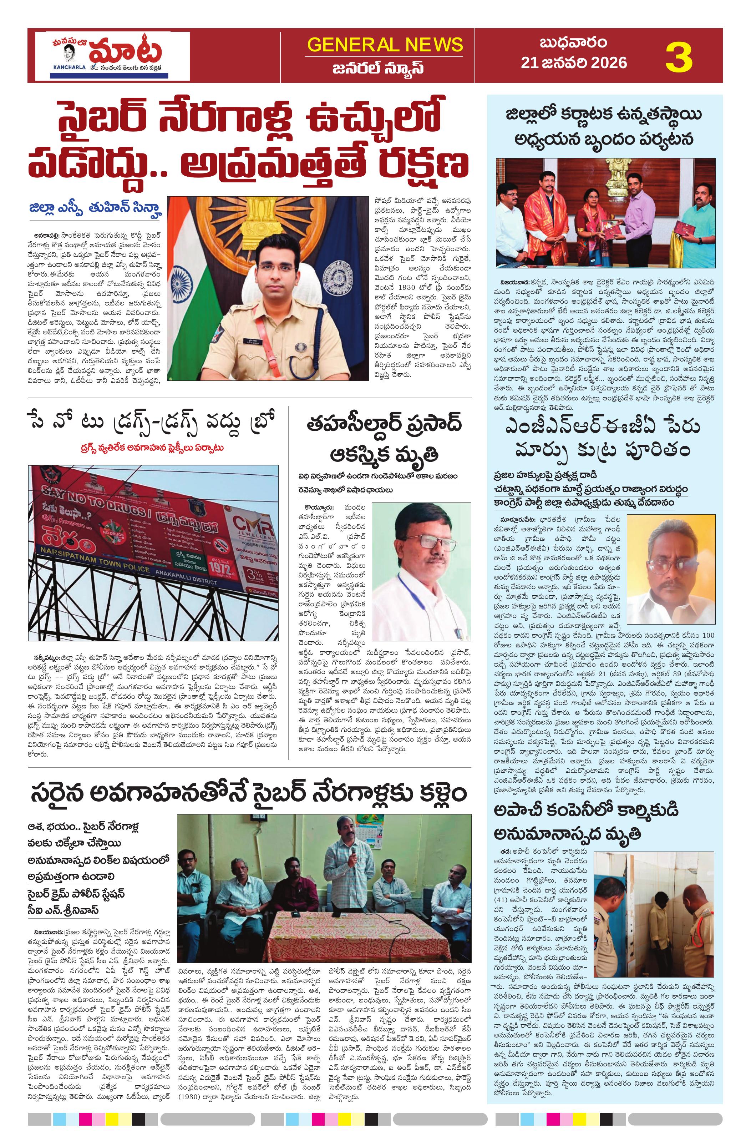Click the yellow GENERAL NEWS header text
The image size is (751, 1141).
pos(385,45)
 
